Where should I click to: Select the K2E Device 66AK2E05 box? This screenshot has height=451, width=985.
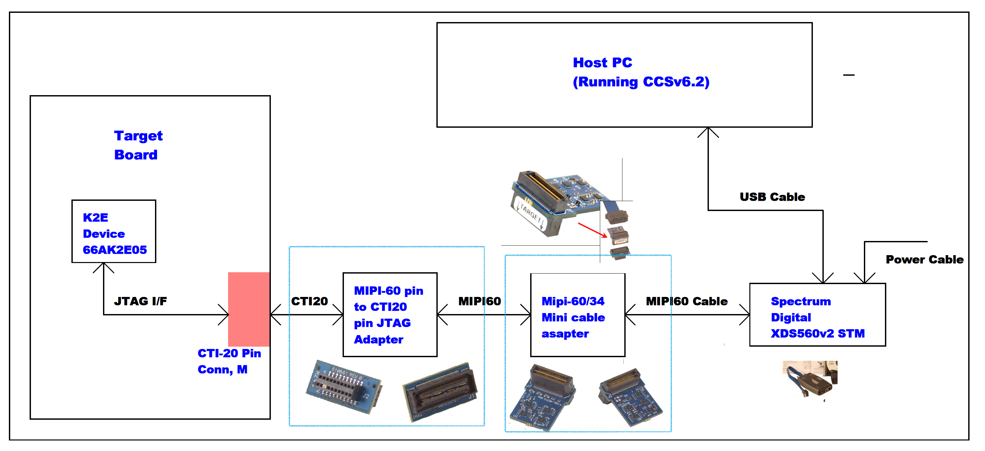pyautogui.click(x=114, y=231)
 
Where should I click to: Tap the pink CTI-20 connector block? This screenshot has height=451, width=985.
pyautogui.click(x=248, y=309)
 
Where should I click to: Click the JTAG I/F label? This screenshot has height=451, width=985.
pyautogui.click(x=140, y=302)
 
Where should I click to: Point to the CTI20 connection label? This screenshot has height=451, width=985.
pyautogui.click(x=309, y=302)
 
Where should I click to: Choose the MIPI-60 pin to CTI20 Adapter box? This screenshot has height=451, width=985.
pyautogui.click(x=390, y=314)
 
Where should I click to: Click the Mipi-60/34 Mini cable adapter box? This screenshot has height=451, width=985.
pyautogui.click(x=577, y=315)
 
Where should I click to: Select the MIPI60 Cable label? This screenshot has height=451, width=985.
pyautogui.click(x=687, y=302)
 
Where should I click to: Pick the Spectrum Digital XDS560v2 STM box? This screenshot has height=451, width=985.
pyautogui.click(x=817, y=315)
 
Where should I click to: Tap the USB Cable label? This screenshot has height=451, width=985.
pyautogui.click(x=772, y=197)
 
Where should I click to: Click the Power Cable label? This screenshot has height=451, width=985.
pyautogui.click(x=924, y=260)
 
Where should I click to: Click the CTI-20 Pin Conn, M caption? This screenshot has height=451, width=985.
pyautogui.click(x=229, y=361)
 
